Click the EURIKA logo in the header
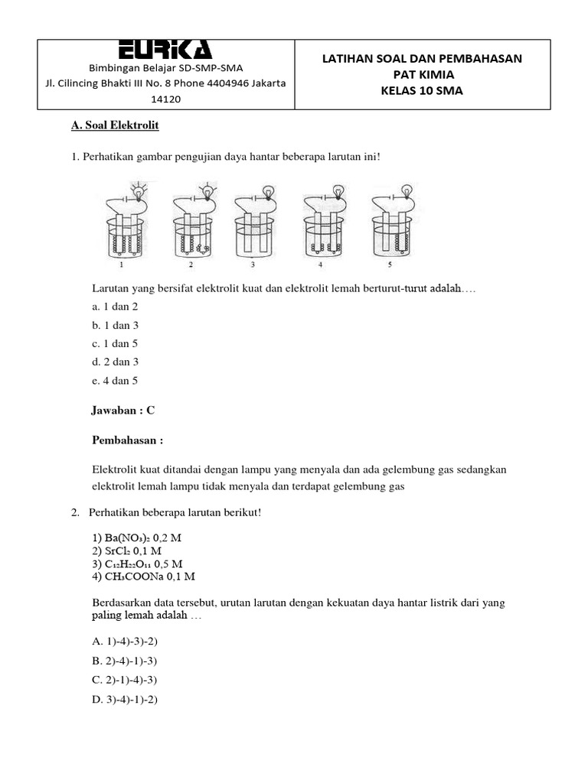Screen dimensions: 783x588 click(x=165, y=50)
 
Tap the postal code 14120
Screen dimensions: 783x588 click(x=166, y=99)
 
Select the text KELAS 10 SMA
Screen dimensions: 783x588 click(x=422, y=91)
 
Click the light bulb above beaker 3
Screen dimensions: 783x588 click(x=269, y=191)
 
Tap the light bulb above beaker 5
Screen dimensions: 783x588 click(x=408, y=189)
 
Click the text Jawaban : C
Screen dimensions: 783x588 click(x=123, y=411)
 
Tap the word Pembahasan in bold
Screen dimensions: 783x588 click(x=125, y=440)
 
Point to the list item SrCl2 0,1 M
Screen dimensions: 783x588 click(x=126, y=551)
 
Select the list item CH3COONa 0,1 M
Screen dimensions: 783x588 click(x=143, y=576)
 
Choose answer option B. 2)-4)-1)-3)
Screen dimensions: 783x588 click(x=124, y=661)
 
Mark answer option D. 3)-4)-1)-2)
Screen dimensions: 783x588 click(x=124, y=698)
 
